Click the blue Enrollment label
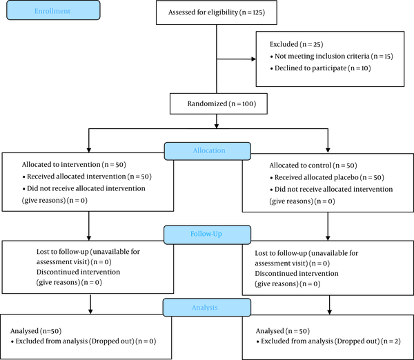coord(53,10)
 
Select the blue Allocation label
coord(208,151)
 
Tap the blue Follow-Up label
coord(207,234)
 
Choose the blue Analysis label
coord(207,308)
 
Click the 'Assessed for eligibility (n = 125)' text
coord(217,12)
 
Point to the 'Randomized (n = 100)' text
coord(221,103)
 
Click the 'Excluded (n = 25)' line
coord(296,44)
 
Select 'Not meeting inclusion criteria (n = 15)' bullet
coord(331,57)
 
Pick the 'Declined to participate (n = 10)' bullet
coord(320,68)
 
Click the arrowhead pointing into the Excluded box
coord(253,59)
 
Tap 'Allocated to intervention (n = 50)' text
coord(74,165)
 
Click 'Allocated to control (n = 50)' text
coord(313,166)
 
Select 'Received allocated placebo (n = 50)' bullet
coord(327,177)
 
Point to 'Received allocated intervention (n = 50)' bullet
coord(87,177)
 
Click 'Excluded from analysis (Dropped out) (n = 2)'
coord(328,341)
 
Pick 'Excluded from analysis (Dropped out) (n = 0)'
coord(83,341)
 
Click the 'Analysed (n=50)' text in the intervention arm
coord(36,331)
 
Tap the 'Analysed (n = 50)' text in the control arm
coord(283,331)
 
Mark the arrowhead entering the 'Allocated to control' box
coord(328,150)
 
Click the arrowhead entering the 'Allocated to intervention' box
coord(89,150)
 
